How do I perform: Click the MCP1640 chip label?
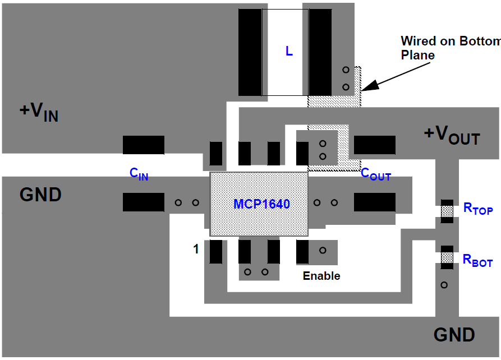261,204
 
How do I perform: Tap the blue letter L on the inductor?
289,51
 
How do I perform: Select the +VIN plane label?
39,112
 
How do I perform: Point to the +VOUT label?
452,135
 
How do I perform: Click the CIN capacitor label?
139,174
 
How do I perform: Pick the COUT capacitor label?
376,174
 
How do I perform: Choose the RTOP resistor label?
478,209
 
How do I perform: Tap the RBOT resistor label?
477,260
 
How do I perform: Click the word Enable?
321,276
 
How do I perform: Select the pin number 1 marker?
196,249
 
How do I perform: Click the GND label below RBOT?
454,334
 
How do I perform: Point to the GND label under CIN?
40,195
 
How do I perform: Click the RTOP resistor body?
447,211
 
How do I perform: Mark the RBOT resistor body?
447,257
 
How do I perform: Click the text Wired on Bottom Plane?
451,48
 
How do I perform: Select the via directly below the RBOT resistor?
444,285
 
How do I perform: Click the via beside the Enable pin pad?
323,250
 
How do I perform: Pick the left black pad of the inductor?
250,52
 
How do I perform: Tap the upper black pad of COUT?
374,145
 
